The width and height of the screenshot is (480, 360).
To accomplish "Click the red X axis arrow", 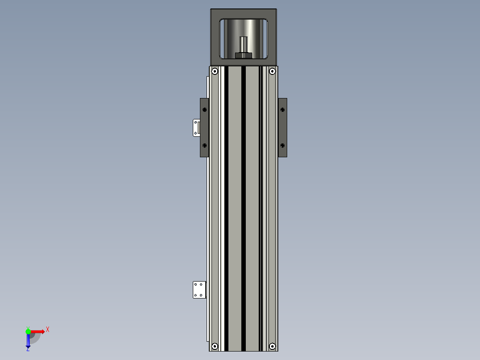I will coord(38,331).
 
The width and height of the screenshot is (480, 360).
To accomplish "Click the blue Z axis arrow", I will coord(28,341).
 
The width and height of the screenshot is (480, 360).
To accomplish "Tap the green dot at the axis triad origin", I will coord(28,331).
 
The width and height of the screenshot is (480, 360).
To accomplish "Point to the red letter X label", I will coord(48,329).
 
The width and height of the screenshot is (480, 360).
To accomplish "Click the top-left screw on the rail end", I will coord(215,71).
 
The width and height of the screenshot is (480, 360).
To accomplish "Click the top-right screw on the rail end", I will coord(272,71).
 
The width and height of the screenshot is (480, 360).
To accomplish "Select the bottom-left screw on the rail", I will coord(215,346).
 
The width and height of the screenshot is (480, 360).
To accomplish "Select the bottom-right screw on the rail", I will coord(272,346).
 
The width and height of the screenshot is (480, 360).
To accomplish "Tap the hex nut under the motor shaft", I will coord(243,55).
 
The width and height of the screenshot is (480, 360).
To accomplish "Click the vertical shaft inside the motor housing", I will coord(244,44).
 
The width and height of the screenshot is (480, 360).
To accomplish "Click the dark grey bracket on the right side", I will coord(283,127).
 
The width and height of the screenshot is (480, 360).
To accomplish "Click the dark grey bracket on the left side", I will coord(204,127).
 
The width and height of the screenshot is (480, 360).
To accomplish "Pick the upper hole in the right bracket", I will coord(282,109).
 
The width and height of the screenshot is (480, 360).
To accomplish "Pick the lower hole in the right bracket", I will coord(282,145).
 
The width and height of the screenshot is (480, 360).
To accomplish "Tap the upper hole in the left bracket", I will coord(204,109).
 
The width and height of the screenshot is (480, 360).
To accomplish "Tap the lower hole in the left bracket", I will coord(204,145).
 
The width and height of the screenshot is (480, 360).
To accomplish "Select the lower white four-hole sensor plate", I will coord(199,290).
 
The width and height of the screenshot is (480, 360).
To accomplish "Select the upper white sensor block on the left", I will coord(195,127).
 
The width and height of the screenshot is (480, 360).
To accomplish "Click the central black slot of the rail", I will coord(244,205).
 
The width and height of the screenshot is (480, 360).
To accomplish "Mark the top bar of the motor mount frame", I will coord(244,13).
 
